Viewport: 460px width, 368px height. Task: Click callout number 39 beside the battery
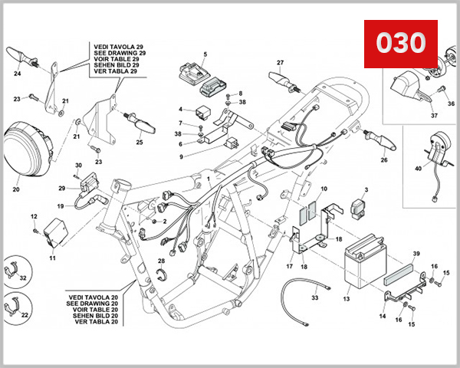pyautogui.click(x=416, y=252)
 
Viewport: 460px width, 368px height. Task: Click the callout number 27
pyautogui.click(x=281, y=62)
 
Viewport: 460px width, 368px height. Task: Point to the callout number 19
pyautogui.click(x=60, y=206)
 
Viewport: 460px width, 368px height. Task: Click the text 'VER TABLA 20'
pyautogui.click(x=93, y=321)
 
